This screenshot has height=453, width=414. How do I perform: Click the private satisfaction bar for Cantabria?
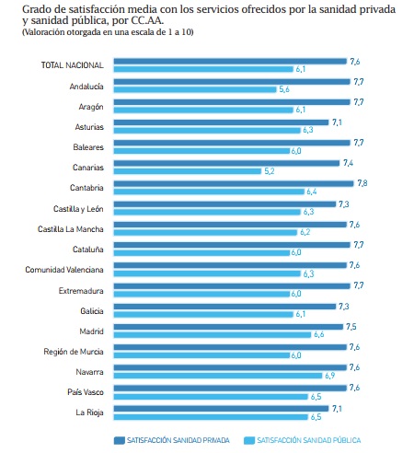click(234, 183)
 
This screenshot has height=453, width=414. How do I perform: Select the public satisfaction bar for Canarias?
click(188, 171)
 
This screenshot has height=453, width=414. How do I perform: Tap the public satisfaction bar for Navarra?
click(218, 376)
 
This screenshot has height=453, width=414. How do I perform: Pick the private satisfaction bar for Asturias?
click(221, 122)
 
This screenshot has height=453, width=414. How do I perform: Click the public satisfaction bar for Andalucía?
click(195, 89)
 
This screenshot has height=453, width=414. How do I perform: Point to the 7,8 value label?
click(362, 183)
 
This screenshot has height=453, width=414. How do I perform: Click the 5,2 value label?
click(270, 171)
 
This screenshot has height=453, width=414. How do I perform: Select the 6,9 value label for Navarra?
click(330, 376)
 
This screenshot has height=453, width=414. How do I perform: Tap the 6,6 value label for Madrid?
click(319, 334)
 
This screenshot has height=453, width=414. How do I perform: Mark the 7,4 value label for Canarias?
click(348, 163)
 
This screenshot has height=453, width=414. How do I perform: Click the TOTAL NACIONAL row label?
click(73, 65)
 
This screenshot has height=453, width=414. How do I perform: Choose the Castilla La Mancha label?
click(71, 229)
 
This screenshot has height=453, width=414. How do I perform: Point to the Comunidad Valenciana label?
click(64, 270)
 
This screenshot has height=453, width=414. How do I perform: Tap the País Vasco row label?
click(86, 392)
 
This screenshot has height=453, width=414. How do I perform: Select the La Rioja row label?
click(89, 412)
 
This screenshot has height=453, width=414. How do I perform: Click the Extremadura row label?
click(81, 290)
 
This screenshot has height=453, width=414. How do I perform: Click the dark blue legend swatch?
click(120, 440)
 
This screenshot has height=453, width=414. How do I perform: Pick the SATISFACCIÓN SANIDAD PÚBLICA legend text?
click(309, 440)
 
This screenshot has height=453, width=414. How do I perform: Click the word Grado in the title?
click(33, 9)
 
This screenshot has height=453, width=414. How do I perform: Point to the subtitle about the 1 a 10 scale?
click(108, 32)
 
